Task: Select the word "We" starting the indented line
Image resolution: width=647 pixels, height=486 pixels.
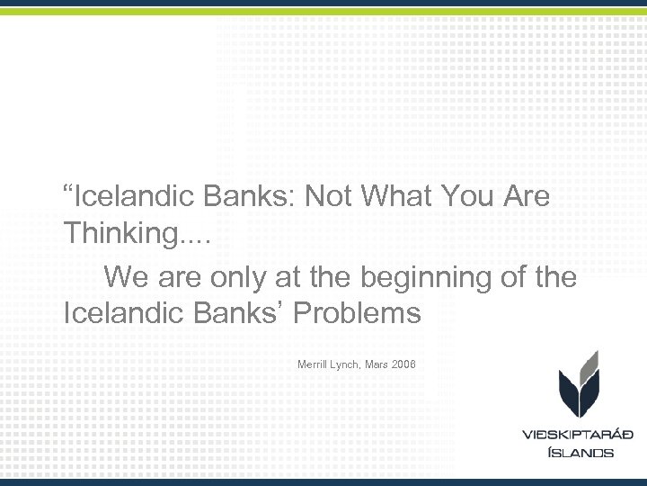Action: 124,277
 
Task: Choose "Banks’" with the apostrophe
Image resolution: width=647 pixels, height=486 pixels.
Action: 240,313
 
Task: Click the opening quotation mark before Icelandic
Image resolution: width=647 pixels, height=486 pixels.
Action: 68,191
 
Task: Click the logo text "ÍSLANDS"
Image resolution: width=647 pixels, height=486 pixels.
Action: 580,452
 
